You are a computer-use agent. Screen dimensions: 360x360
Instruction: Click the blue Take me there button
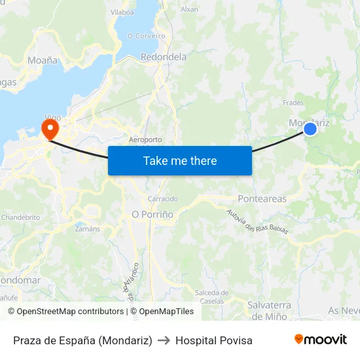179,160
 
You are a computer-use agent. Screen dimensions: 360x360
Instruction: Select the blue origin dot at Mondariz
310,129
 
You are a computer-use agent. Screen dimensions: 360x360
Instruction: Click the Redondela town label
164,57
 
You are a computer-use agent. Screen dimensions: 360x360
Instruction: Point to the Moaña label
43,60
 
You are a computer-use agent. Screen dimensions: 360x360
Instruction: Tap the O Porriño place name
153,214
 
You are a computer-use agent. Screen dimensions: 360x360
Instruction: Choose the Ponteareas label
262,198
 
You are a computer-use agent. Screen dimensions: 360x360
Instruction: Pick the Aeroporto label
145,140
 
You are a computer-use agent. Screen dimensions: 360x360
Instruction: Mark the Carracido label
163,199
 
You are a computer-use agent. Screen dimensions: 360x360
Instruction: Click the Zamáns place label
87,229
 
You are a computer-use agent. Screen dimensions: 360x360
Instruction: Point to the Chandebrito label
20,217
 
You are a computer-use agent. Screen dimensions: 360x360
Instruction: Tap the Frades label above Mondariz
293,103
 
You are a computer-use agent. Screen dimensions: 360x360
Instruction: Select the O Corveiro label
146,35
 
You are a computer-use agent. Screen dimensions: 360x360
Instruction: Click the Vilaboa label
122,12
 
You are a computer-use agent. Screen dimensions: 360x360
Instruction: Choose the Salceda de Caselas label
211,297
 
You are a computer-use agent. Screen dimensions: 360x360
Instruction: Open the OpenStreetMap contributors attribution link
66,312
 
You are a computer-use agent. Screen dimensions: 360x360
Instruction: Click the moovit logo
320,339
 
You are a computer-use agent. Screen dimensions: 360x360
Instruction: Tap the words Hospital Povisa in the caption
213,340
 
